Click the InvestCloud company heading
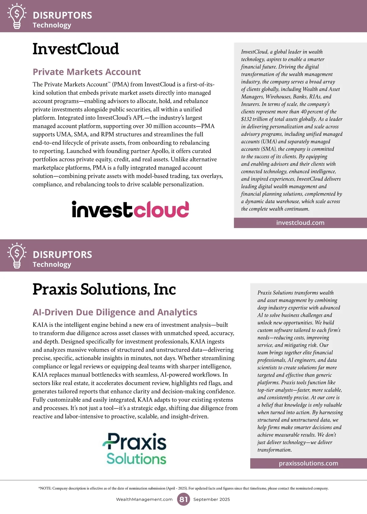click(x=76, y=49)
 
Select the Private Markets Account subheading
click(x=87, y=72)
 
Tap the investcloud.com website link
click(x=300, y=223)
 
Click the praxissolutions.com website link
click(x=308, y=463)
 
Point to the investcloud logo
click(x=130, y=209)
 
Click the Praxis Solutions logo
click(x=135, y=449)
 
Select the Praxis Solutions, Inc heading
click(x=104, y=289)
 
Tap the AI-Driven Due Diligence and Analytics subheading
click(x=115, y=312)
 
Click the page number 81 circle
click(x=183, y=499)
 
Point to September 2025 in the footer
click(x=212, y=499)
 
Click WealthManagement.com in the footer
click(x=144, y=499)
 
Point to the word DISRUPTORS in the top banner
click(x=62, y=15)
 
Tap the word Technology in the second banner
click(x=52, y=264)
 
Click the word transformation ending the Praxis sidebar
click(x=274, y=450)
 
